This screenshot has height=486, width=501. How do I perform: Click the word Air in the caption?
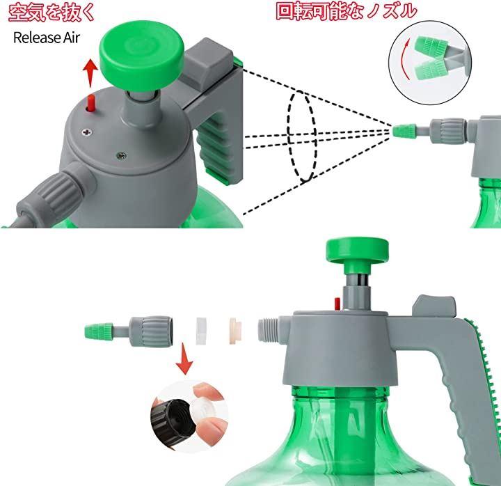coord(71,38)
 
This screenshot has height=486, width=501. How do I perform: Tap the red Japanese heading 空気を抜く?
coord(51,13)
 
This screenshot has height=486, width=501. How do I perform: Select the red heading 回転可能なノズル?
coord(346,12)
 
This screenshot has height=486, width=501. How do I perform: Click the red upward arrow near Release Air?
coord(90,73)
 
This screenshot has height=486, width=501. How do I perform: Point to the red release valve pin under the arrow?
coord(91,103)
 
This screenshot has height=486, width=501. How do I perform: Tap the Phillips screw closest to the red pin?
coord(86,131)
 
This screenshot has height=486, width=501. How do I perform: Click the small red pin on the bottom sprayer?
coord(337,304)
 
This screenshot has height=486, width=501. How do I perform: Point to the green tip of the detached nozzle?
coord(99,330)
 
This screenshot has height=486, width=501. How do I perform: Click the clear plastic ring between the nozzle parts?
coord(201,331)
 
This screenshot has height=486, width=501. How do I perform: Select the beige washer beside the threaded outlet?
coord(235,331)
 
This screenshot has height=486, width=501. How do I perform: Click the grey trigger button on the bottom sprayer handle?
coord(434,306)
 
